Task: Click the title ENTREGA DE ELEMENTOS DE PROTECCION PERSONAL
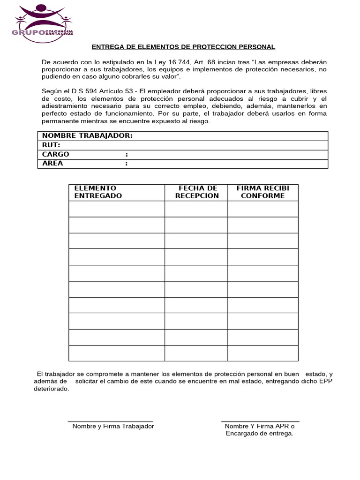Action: point(183,47)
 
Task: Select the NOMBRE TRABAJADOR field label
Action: point(87,136)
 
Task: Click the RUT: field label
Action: point(51,145)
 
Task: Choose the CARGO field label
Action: point(56,154)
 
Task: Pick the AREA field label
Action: point(52,164)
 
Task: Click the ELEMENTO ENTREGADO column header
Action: point(98,192)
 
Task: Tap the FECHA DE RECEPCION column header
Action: point(196,192)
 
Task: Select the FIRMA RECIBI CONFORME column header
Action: point(262,192)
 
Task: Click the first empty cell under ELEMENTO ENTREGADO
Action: point(116,209)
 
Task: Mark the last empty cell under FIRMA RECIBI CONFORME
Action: point(262,353)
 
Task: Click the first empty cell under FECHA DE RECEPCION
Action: point(196,209)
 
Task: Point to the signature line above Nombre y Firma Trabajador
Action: point(111,421)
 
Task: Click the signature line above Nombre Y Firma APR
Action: point(260,421)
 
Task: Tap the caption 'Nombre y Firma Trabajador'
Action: point(113,426)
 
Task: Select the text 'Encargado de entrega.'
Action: point(259,434)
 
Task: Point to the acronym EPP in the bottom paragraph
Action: point(325,382)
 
